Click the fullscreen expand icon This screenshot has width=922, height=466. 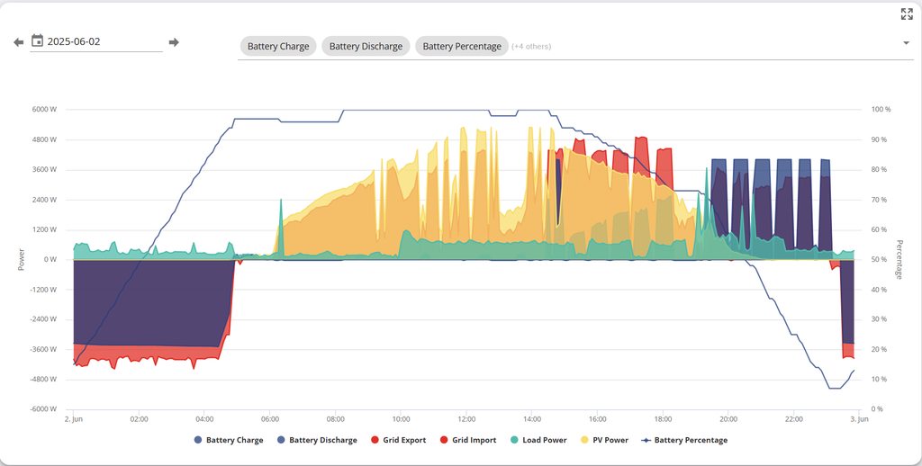pos(907,13)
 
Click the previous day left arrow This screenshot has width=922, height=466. pos(18,42)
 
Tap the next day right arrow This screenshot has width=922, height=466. pos(174,42)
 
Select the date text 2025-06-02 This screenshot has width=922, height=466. pos(74,41)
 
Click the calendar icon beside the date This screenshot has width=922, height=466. pos(37,40)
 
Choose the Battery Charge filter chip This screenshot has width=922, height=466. pos(278,46)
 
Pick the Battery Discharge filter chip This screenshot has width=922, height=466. pos(366,46)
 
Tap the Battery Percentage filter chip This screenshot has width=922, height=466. pos(462,46)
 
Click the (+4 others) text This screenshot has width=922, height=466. pos(531,46)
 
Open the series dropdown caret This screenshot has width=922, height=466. pos(905,43)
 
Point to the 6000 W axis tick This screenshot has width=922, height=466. pos(44,110)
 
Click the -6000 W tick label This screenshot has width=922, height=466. pos(42,409)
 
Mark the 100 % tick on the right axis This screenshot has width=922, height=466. pos(881,110)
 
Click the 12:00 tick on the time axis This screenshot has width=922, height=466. pos(466,419)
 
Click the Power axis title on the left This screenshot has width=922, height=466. pos(22,259)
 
